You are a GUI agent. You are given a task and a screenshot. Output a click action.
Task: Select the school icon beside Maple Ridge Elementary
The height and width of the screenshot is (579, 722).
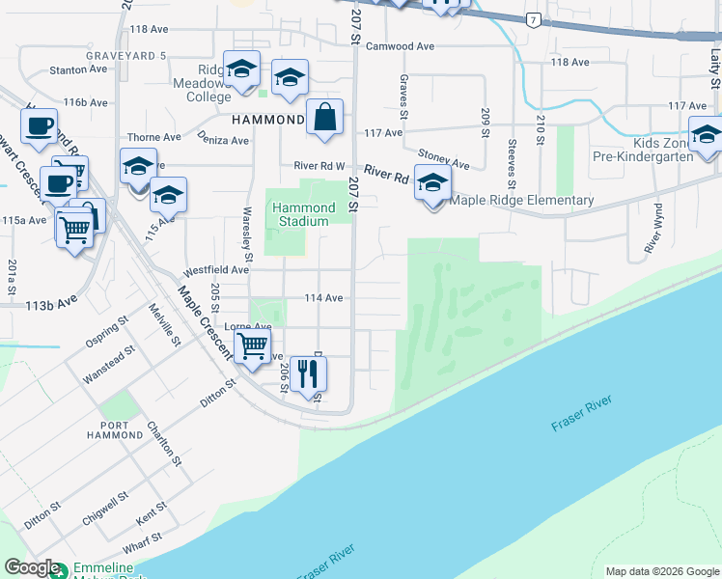tap(432, 182)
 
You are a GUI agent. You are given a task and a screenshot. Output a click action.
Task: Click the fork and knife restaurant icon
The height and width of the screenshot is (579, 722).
tap(309, 374)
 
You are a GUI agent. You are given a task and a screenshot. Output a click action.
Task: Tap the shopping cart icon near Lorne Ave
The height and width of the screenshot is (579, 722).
tap(252, 346)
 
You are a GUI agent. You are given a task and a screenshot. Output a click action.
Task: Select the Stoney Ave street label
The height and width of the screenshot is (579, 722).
tap(443, 156)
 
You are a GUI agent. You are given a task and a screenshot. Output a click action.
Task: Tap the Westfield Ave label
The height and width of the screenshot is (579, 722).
tap(210, 271)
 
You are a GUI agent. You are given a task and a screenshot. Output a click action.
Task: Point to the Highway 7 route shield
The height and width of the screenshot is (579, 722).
tap(533, 19)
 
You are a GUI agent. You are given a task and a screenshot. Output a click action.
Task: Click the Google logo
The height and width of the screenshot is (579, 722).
tap(32, 568)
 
